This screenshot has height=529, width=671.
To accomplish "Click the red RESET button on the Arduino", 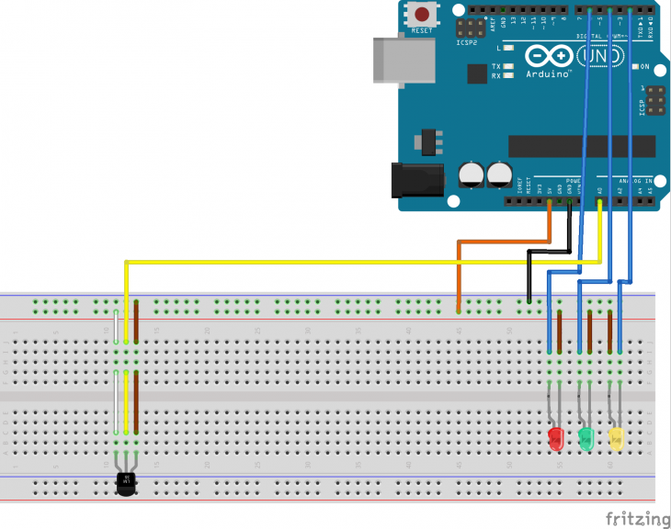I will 423,15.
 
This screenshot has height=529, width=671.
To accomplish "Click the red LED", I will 555,438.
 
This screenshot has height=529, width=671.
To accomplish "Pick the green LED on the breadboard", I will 586,438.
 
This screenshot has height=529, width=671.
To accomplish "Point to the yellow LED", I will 616,438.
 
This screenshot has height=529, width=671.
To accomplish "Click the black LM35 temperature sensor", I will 126,481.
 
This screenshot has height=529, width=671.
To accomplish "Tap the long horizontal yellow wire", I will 349,262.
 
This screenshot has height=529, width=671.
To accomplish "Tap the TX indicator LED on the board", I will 507,66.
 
